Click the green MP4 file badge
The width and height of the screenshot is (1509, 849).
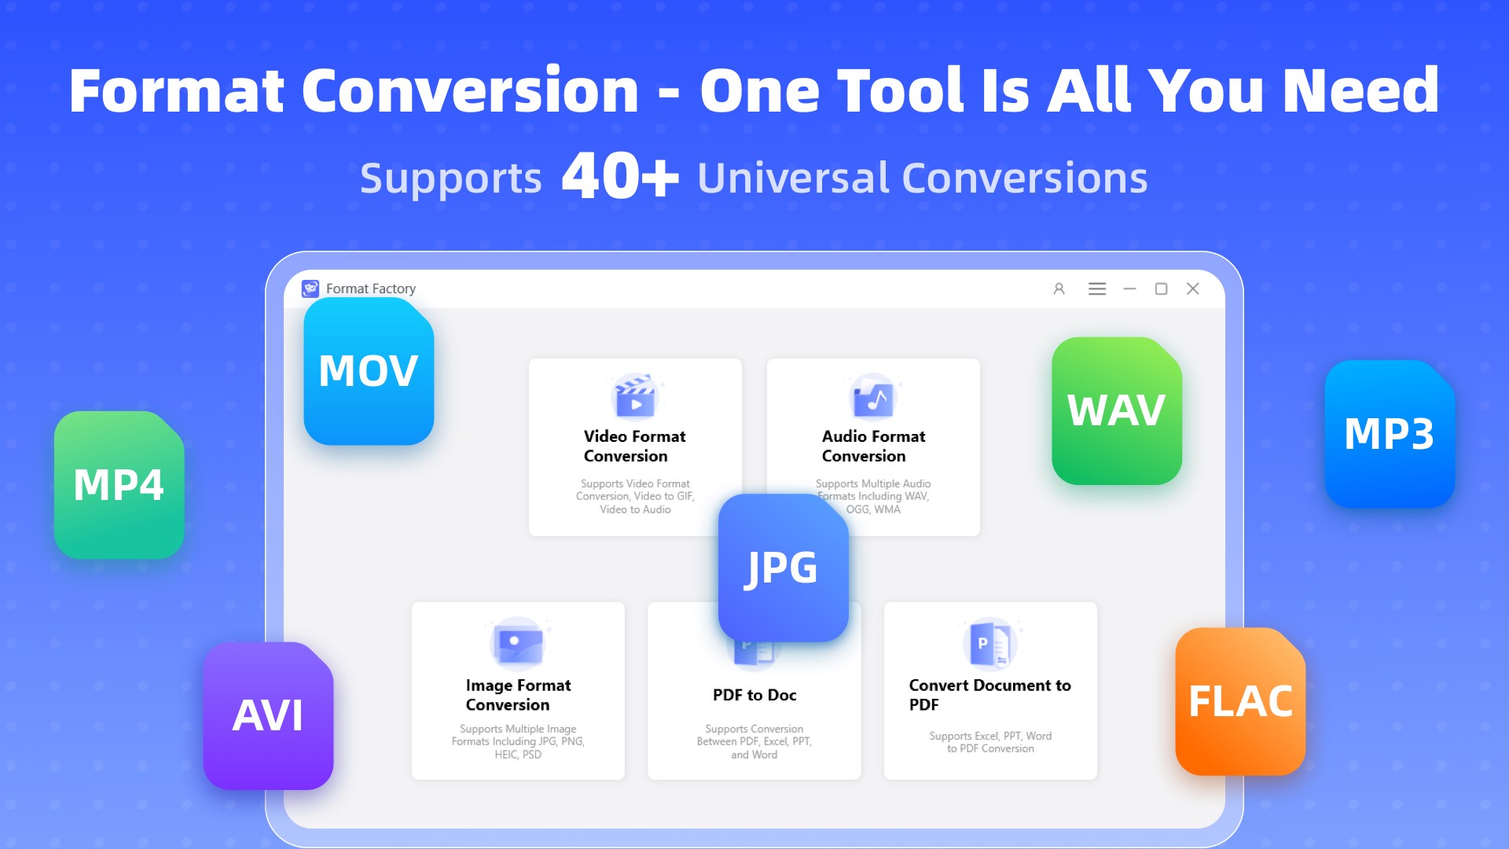point(119,485)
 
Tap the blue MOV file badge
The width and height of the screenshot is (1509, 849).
point(369,371)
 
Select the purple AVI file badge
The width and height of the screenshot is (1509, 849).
point(268,715)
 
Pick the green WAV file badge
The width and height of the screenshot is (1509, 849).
point(1117,411)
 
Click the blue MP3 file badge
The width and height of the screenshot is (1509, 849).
point(1390,434)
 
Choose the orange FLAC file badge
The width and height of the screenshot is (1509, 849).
point(1240,701)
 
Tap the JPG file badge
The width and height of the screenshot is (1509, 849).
point(783,568)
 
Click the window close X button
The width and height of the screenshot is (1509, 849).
point(1193,289)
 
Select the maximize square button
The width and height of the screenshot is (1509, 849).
point(1161,289)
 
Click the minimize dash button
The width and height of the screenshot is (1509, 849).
point(1129,289)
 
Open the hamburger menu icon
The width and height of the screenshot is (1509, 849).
point(1097,289)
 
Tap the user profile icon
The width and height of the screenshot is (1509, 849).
point(1059,289)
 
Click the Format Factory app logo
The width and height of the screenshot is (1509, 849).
point(310,289)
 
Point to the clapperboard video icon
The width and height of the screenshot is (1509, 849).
point(636,396)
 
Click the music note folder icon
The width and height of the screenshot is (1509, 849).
point(873,397)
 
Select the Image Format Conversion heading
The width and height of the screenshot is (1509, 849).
point(518,695)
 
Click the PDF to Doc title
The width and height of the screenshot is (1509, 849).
point(754,695)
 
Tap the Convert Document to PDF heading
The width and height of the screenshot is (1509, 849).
point(989,695)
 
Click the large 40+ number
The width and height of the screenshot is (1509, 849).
point(620,176)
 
